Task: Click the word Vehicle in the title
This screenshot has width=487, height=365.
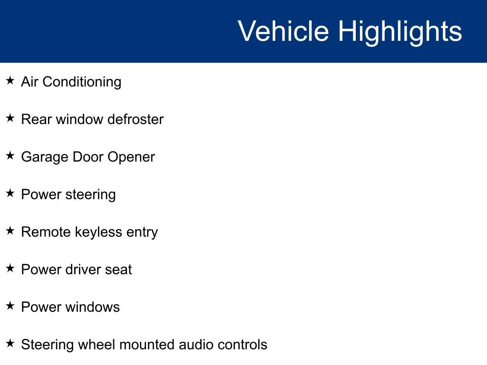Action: coord(283,31)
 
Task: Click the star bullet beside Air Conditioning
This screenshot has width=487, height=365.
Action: coord(10,81)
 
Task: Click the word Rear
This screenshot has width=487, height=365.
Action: coord(36,119)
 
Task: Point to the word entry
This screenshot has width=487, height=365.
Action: coord(142,233)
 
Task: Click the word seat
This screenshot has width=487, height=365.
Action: coord(119,269)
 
